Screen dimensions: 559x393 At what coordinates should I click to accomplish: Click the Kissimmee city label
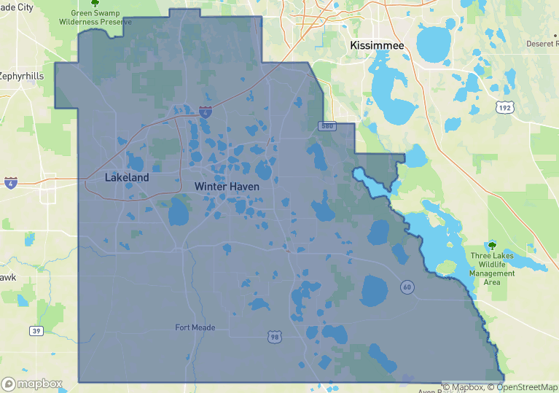[377, 45]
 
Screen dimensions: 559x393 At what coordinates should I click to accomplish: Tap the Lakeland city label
[127, 177]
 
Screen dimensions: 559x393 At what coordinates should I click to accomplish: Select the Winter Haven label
[227, 187]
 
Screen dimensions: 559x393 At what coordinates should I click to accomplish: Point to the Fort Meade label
[195, 327]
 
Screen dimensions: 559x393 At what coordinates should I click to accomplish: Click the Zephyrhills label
[21, 75]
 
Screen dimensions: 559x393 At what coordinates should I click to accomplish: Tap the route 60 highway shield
[407, 287]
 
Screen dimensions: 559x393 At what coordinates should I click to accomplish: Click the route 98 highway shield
[274, 335]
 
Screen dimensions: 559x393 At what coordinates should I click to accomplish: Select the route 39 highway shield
[36, 331]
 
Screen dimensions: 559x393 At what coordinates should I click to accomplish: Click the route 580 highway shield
[327, 127]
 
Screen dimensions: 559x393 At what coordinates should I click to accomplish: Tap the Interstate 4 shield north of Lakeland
[206, 112]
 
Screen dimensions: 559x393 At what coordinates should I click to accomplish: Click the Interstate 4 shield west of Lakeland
[10, 182]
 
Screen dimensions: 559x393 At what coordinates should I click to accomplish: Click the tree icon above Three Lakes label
[492, 246]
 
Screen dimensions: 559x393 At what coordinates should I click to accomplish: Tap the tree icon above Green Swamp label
[95, 3]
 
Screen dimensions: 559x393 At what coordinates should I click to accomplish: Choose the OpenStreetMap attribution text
[523, 387]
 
